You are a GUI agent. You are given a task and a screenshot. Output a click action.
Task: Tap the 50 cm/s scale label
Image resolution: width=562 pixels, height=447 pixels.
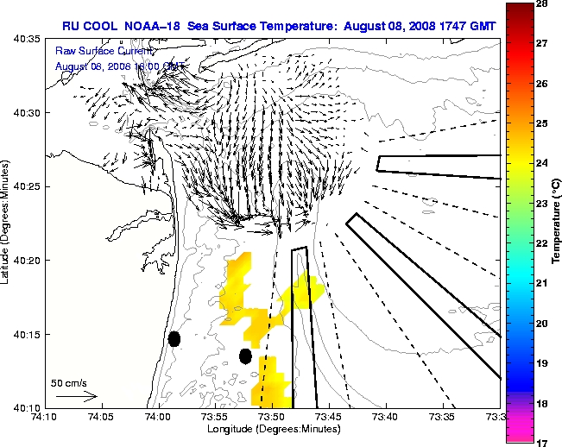click(68, 382)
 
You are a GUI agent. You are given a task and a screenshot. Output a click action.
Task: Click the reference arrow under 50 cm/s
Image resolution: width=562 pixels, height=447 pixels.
click(76, 396)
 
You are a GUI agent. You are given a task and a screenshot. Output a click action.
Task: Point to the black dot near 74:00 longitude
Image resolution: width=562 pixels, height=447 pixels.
click(174, 339)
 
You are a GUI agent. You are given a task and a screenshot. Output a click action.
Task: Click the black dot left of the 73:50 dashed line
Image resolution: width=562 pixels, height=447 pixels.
click(245, 356)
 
